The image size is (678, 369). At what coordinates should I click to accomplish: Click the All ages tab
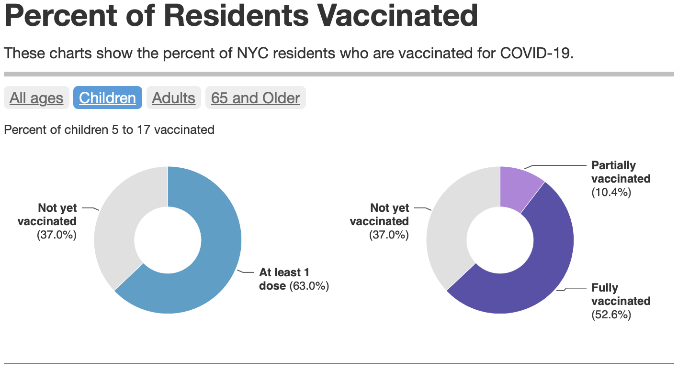coord(36,98)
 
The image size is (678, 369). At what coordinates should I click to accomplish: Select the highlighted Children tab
coord(108,98)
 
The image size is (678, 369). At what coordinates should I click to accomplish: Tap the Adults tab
coord(174,98)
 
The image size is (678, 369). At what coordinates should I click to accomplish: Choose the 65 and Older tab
coord(256,98)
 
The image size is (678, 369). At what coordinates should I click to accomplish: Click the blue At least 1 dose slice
coord(211,268)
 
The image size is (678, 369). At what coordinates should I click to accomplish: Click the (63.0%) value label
coord(309,286)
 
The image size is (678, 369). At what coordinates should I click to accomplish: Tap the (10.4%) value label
coord(611,193)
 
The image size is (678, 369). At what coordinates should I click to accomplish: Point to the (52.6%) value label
coord(611,315)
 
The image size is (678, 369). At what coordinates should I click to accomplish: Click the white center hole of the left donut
coord(168,240)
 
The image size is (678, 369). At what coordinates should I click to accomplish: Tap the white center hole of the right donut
coord(500,240)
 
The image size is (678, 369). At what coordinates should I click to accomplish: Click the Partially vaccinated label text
coord(621,172)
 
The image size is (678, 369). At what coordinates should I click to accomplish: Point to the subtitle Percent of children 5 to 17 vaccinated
coord(109,130)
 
